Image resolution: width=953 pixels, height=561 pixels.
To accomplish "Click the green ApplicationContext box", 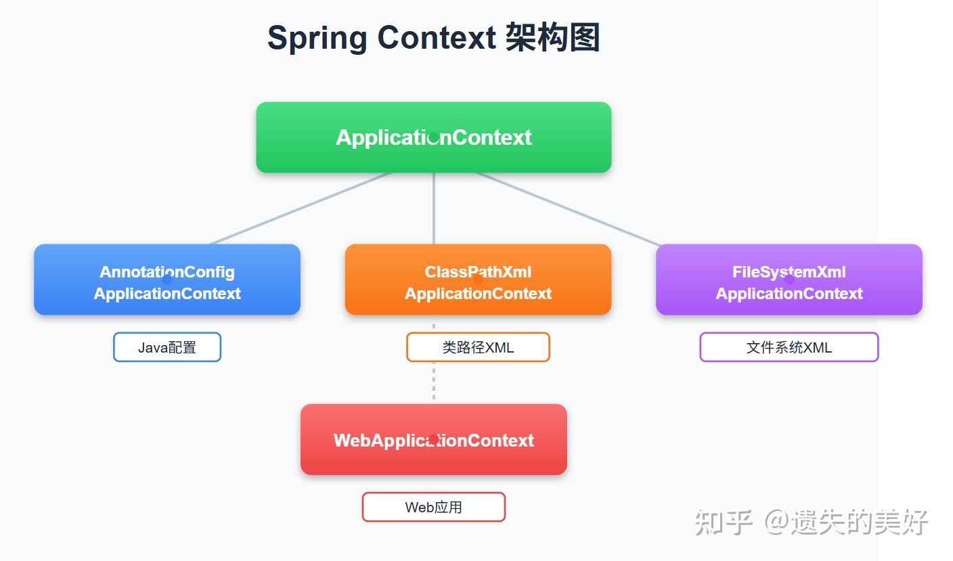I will click(x=433, y=137).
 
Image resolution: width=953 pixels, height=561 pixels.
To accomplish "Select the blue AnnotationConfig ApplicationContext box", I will click(x=167, y=279).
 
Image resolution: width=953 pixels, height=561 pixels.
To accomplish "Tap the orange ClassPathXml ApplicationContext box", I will click(x=478, y=279).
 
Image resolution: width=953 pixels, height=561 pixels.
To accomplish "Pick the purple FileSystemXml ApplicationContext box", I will click(x=789, y=279).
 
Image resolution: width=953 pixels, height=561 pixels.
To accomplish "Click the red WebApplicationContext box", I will click(x=433, y=439).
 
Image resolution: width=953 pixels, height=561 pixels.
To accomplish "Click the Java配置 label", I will click(x=167, y=347).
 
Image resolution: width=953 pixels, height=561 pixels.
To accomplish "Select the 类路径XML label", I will click(x=478, y=347).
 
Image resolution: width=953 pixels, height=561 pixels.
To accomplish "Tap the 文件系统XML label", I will click(x=789, y=347).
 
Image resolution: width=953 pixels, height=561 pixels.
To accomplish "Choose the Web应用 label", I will click(x=433, y=507).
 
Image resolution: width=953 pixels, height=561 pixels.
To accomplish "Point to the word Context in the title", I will click(x=437, y=38).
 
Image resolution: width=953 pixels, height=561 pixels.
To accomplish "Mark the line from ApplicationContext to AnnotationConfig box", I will click(x=301, y=208).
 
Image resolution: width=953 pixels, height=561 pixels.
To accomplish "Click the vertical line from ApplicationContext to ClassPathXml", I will click(x=433, y=208).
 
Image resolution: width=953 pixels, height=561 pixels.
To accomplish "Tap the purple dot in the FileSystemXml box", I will click(x=789, y=279).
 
